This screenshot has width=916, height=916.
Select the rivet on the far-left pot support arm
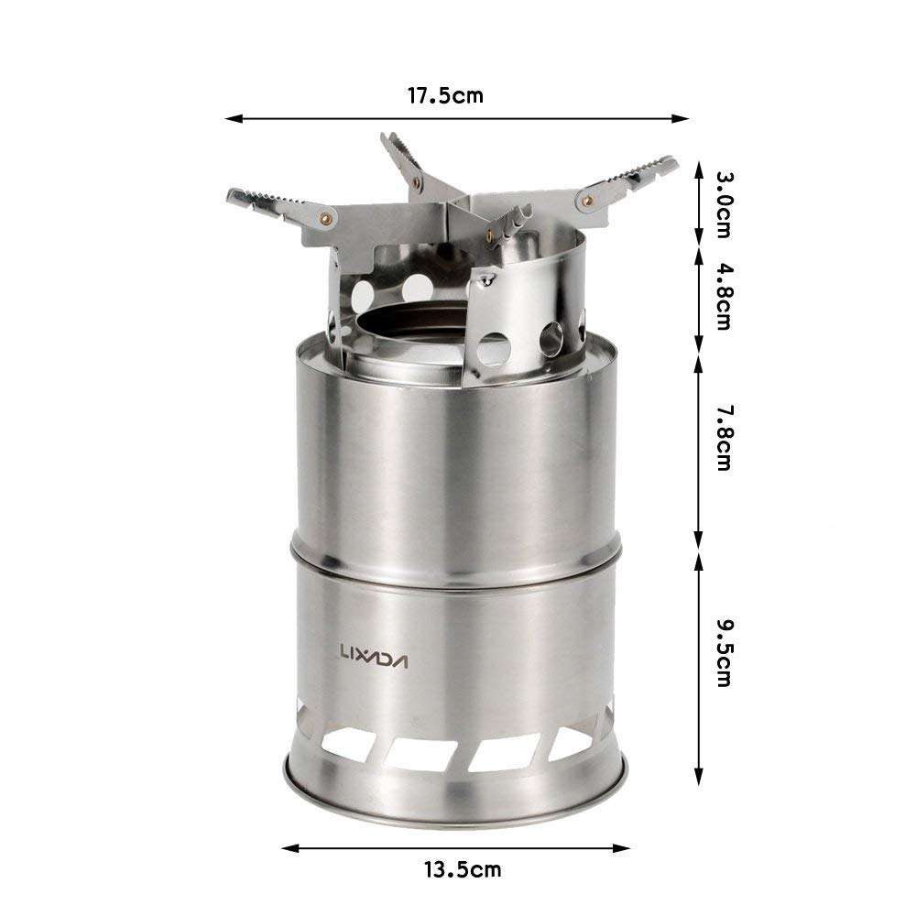click(325, 217)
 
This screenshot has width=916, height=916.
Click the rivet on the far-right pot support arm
click(587, 195)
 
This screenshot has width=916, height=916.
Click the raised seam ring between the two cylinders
click(455, 557)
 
